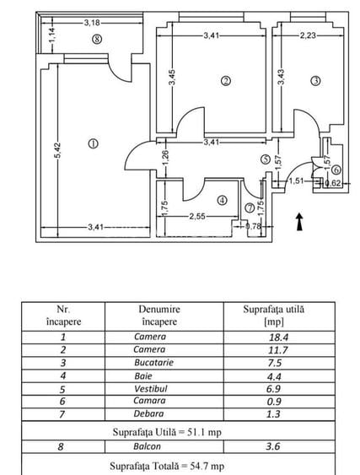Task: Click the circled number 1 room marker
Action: [x=93, y=143]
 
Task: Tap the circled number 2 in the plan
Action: [x=225, y=81]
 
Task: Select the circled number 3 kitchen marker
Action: [x=315, y=81]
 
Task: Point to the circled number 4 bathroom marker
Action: [x=222, y=200]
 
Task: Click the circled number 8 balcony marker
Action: [x=98, y=39]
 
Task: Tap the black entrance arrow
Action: [x=299, y=221]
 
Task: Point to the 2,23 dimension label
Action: [x=309, y=35]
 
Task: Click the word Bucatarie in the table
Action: [x=149, y=364]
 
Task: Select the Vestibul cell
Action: [x=149, y=391]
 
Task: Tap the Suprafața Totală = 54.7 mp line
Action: [x=167, y=465]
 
